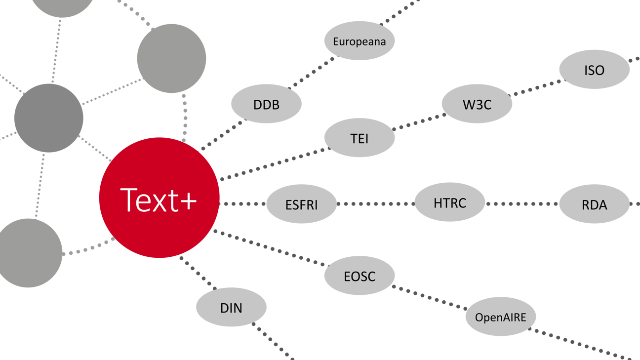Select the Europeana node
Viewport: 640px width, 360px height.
359,41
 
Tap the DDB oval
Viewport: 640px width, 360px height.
266,104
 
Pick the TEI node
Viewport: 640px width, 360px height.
359,138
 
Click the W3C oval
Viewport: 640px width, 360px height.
477,104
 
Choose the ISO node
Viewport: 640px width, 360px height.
594,70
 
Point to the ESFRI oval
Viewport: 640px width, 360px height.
301,204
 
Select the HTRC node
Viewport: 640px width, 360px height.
449,202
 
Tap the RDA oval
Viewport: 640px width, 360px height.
594,204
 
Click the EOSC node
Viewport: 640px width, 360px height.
359,276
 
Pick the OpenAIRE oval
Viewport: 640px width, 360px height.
500,317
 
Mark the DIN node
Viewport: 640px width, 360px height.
231,308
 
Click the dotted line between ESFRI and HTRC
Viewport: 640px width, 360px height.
375,203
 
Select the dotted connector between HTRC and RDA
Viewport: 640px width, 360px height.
522,203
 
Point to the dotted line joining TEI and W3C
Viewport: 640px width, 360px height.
419,122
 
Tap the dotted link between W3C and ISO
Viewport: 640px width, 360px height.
536,87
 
